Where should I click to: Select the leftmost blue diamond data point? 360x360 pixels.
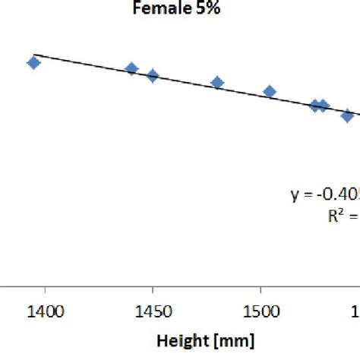click(33, 62)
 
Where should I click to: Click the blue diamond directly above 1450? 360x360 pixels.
click(153, 76)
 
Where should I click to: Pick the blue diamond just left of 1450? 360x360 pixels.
click(131, 69)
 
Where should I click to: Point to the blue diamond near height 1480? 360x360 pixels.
click(217, 83)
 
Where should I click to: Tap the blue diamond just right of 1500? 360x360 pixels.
click(269, 92)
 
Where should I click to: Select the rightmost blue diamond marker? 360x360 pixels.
click(348, 115)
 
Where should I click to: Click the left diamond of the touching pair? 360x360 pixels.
click(315, 106)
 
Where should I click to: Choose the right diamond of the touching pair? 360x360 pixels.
click(324, 106)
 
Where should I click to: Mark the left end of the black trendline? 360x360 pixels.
click(35, 55)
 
